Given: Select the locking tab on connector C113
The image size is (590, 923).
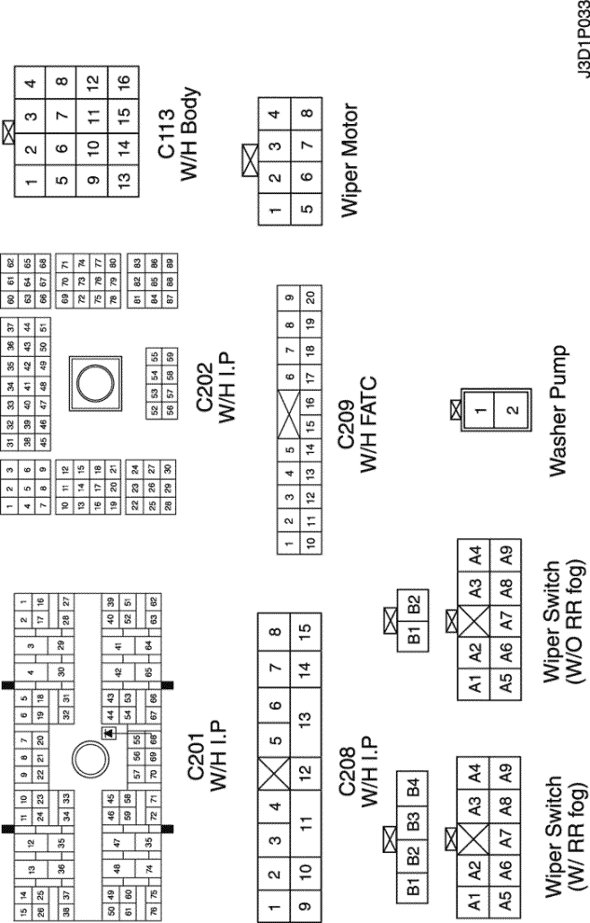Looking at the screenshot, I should (x=11, y=131).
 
